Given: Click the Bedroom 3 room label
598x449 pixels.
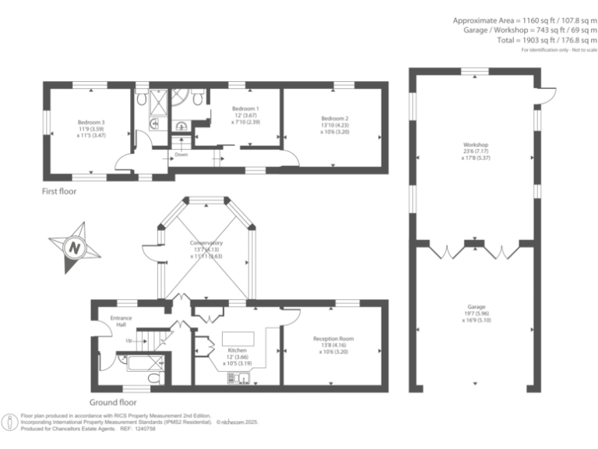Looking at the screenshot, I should (91, 122).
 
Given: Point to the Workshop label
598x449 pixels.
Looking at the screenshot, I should (475, 146).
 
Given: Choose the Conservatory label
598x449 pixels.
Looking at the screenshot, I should (206, 242).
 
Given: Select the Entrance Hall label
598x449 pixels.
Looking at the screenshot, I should (121, 320).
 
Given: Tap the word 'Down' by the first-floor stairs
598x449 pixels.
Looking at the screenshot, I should (181, 154).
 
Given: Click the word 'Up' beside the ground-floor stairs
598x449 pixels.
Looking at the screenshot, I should (128, 341).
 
